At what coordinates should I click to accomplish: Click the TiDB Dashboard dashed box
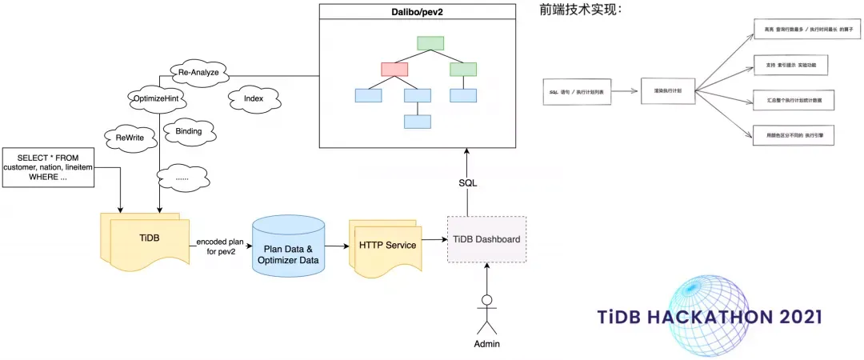(x=486, y=239)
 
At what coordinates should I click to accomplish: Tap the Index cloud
(x=253, y=98)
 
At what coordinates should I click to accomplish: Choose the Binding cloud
(x=182, y=130)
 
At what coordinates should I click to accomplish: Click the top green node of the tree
(x=430, y=43)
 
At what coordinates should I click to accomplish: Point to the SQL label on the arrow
(x=468, y=182)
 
